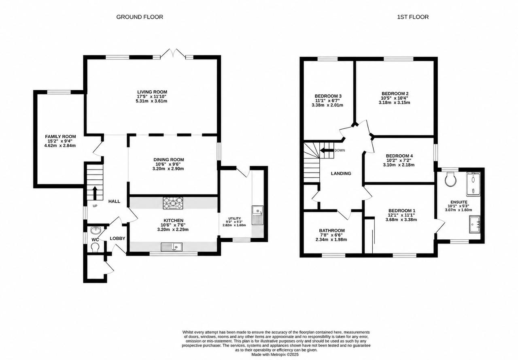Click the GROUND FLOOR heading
(x=140, y=17)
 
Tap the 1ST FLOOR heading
(x=413, y=17)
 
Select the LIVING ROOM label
(x=152, y=92)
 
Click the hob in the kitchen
(x=173, y=203)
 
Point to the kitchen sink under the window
(x=171, y=247)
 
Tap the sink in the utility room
(x=257, y=215)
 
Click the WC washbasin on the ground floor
(x=96, y=230)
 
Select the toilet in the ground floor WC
(x=95, y=247)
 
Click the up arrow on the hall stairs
(x=95, y=193)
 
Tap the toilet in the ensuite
(x=450, y=179)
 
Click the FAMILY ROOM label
(x=60, y=136)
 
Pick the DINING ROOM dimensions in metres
(x=168, y=169)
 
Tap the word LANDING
(x=341, y=173)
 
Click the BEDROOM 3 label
(x=328, y=96)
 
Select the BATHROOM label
(x=332, y=230)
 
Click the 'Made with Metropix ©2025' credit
(x=275, y=354)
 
